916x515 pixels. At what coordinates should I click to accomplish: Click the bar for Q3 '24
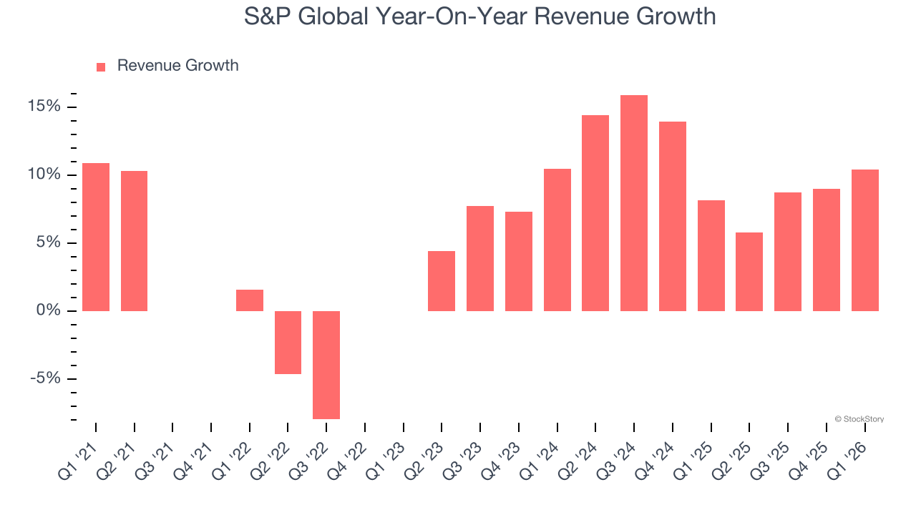pos(634,203)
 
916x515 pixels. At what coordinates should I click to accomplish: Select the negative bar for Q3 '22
pos(326,365)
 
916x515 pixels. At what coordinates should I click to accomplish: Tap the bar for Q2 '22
pos(288,342)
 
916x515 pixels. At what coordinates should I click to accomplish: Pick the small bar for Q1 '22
pos(250,300)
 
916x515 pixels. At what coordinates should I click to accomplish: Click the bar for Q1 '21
pos(96,237)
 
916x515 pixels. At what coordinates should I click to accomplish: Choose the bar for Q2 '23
pos(442,281)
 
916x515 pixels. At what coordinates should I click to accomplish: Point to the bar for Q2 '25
pos(749,272)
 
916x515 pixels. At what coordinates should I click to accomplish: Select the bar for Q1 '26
pos(864,240)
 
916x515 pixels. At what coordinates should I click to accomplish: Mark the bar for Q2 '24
pos(595,213)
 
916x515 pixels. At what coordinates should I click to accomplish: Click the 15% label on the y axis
pos(44,107)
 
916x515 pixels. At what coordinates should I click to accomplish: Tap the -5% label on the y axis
pos(44,378)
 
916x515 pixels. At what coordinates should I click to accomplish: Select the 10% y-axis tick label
pos(44,175)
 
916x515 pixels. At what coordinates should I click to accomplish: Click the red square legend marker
pos(101,67)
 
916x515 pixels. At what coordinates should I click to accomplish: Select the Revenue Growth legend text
pos(177,66)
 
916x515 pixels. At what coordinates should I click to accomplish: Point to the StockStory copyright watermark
pos(859,419)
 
